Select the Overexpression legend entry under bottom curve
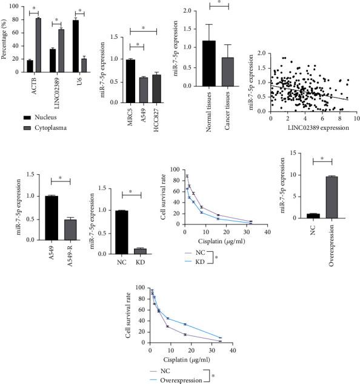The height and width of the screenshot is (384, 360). click(182, 378)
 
